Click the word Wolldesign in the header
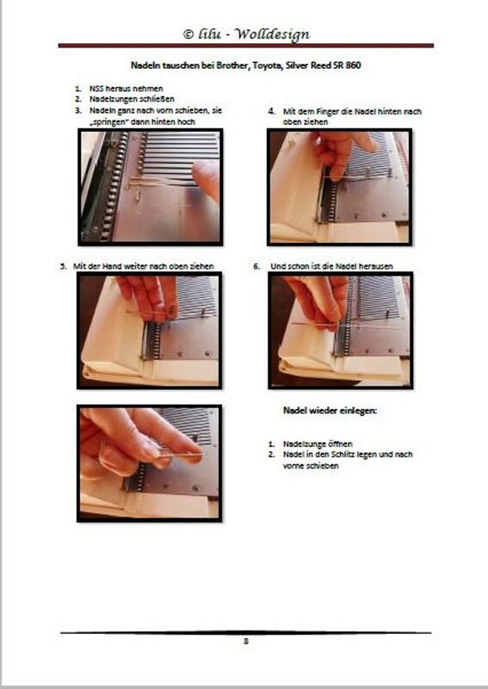coord(272,34)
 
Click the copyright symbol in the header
coord(188,34)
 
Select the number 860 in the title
coord(353,65)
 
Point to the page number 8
coord(246,641)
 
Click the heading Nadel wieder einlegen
coord(330,411)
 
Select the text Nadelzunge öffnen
coord(318,444)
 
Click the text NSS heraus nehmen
coord(126,89)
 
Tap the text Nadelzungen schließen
coord(132,99)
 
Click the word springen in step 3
coord(106,122)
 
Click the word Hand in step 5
coord(112,266)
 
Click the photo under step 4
coord(340,187)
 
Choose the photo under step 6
coord(341,331)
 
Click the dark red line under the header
coord(246,46)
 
